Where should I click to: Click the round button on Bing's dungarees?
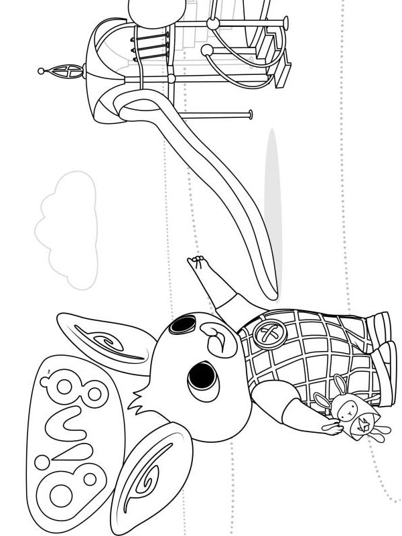pyautogui.click(x=266, y=334)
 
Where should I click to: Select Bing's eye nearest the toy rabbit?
pyautogui.click(x=203, y=377)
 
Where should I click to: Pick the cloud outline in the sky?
pyautogui.click(x=66, y=230)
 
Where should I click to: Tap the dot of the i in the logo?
pyautogui.click(x=42, y=462)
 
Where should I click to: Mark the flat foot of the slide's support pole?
pyautogui.click(x=251, y=115)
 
